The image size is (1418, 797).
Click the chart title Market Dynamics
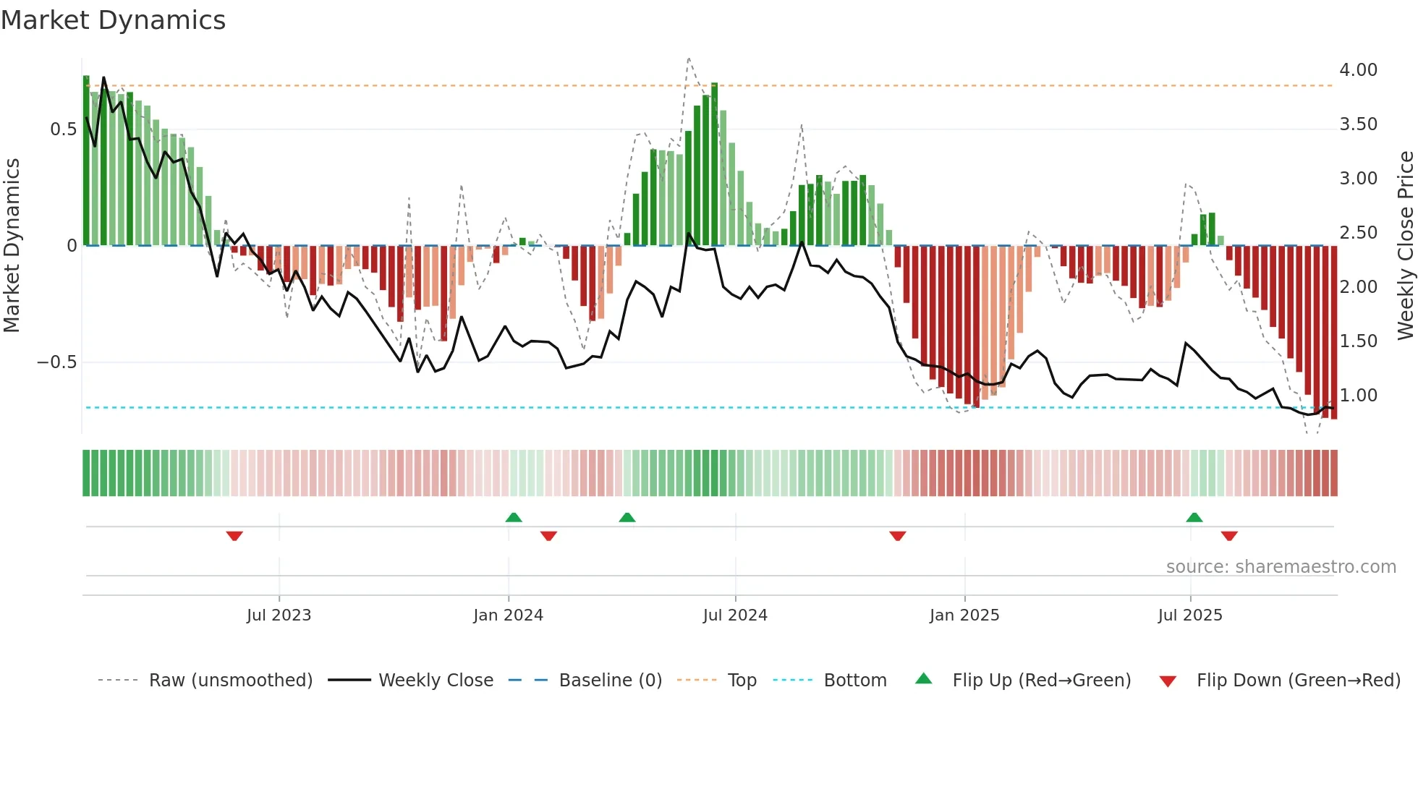click(x=113, y=20)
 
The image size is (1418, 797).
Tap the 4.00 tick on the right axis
click(x=1358, y=70)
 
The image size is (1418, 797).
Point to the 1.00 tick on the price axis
click(x=1358, y=396)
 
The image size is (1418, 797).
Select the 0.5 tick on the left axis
click(x=63, y=129)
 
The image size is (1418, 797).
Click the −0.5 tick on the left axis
click(x=56, y=362)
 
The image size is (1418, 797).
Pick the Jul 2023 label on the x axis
click(x=279, y=615)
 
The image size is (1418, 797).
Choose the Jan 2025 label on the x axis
click(x=964, y=615)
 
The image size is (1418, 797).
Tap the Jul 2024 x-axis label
click(x=734, y=615)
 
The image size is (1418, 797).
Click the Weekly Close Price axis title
click(x=1405, y=245)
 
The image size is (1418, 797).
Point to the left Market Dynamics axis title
click(x=12, y=245)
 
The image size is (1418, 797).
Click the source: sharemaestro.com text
click(x=1281, y=567)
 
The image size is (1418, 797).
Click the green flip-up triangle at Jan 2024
click(x=514, y=517)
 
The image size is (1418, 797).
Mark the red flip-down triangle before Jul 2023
click(x=234, y=536)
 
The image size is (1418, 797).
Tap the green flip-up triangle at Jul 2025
click(x=1194, y=517)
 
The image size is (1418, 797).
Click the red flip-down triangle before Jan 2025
click(x=898, y=536)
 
